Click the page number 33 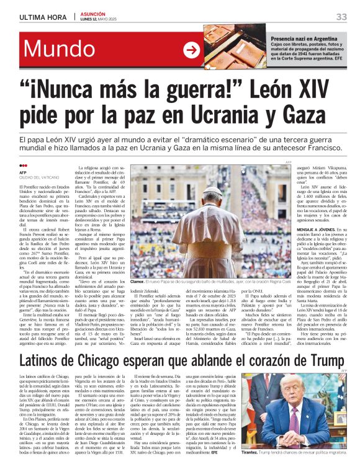pyautogui.click(x=341, y=17)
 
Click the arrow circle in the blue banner pyautogui.click(x=191, y=50)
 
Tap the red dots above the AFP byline pyautogui.click(x=23, y=166)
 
